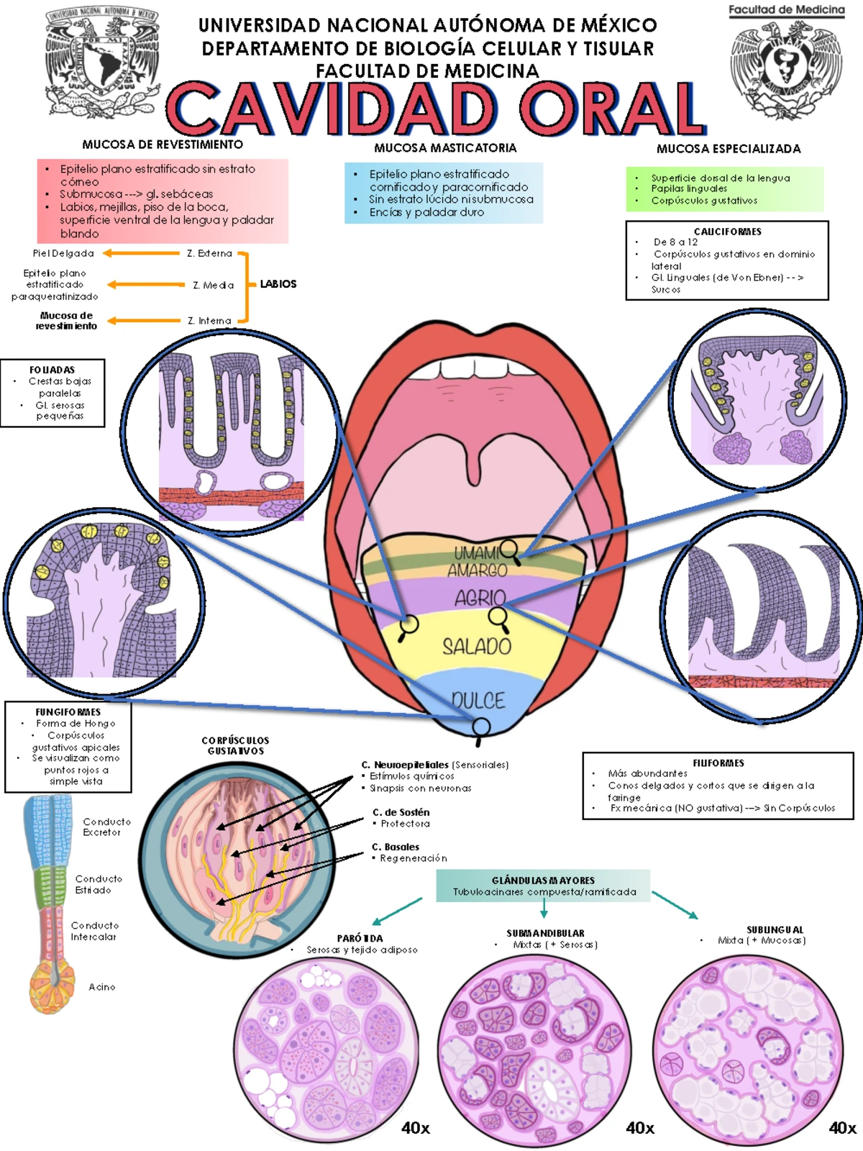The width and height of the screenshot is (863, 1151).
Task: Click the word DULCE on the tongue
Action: point(478,700)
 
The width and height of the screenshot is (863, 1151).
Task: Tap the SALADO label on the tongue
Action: point(477,647)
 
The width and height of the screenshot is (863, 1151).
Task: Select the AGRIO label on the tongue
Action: point(480,597)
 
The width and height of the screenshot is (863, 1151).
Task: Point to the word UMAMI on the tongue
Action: point(475,553)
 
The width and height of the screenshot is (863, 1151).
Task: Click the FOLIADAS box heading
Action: point(52,370)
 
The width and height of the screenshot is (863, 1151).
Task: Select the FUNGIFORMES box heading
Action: point(68,711)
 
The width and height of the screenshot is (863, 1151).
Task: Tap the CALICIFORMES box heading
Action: point(727,232)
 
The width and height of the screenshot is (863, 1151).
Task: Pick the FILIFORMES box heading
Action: point(718,763)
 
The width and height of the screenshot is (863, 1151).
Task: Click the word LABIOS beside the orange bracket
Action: point(278,284)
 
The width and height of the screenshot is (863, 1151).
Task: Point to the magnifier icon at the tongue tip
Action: point(481,728)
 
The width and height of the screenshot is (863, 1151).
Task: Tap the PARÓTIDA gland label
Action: point(360,938)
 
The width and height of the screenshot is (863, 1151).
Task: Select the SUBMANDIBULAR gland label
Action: point(545,933)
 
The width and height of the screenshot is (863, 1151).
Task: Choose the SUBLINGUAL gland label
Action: point(775,929)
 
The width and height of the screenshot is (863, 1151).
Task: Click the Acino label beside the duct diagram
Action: point(101,987)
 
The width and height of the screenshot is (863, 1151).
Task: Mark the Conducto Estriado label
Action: point(98,884)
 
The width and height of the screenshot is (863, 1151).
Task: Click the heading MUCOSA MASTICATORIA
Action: point(445,147)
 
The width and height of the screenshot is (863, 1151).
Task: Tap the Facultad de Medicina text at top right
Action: point(786,10)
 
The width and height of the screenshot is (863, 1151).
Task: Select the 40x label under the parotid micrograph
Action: point(416,1127)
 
